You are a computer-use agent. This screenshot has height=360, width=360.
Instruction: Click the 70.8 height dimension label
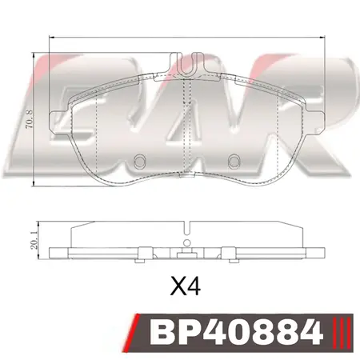[30, 118]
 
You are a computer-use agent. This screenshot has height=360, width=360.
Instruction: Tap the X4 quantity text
[186, 287]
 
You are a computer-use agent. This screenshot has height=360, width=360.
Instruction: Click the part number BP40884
[236, 333]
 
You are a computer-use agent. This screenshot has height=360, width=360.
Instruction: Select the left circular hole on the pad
[139, 162]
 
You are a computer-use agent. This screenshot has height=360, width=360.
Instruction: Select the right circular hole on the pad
[234, 162]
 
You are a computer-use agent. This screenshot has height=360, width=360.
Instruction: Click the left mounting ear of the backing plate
[58, 122]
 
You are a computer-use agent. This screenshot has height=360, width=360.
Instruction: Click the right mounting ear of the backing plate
[316, 122]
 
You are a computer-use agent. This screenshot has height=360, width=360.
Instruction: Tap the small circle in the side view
[187, 242]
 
